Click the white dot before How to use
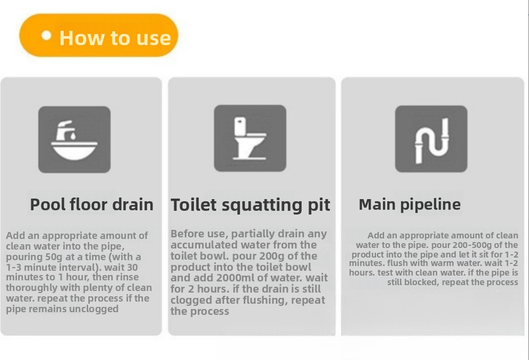click(46, 36)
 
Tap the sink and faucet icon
click(74, 140)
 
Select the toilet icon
click(250, 139)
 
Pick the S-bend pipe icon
click(431, 139)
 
